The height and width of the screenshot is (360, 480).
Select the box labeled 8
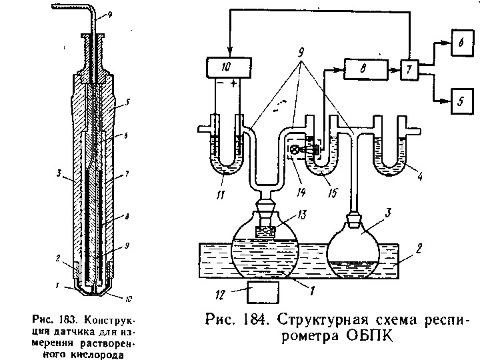(363, 68)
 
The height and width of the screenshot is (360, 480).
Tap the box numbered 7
(409, 69)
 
